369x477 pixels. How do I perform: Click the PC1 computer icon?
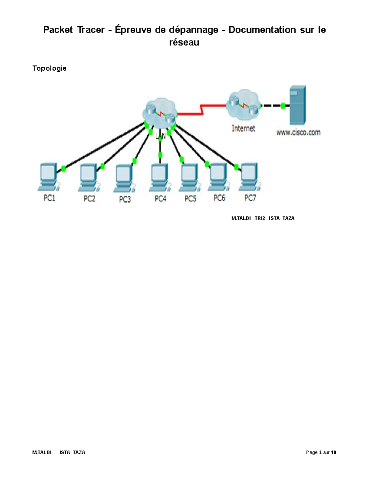(48, 177)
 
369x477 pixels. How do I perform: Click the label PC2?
(89, 199)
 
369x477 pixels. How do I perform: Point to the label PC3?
(125, 200)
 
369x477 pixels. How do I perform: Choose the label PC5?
(190, 199)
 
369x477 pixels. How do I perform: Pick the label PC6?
(219, 198)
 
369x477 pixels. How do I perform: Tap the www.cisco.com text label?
(298, 132)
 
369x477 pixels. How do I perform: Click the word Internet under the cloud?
(243, 128)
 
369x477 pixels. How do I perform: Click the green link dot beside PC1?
(63, 169)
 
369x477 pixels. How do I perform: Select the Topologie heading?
(49, 68)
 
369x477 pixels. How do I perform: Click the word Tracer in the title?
(91, 30)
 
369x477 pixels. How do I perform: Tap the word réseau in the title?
(184, 42)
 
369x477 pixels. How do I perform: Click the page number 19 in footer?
(333, 452)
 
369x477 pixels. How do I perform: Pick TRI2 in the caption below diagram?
(260, 218)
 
